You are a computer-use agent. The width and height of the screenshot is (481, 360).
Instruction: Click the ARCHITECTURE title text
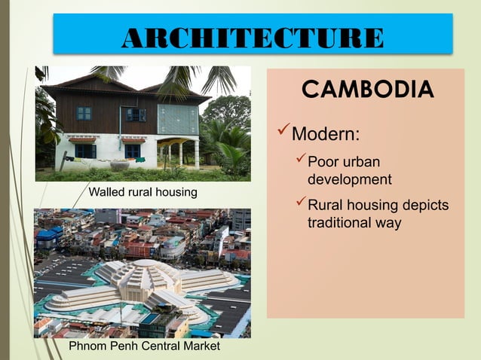pos(253,37)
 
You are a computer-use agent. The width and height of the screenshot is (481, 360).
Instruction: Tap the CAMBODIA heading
pos(367,90)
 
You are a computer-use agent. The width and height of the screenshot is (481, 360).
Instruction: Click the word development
pos(349,180)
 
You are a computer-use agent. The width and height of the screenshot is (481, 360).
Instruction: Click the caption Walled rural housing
pos(143,193)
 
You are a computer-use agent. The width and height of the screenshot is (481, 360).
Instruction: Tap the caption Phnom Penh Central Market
pos(145,346)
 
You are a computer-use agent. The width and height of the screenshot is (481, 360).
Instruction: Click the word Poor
pos(323,163)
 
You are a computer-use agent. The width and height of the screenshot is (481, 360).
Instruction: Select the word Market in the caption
pos(201,346)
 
